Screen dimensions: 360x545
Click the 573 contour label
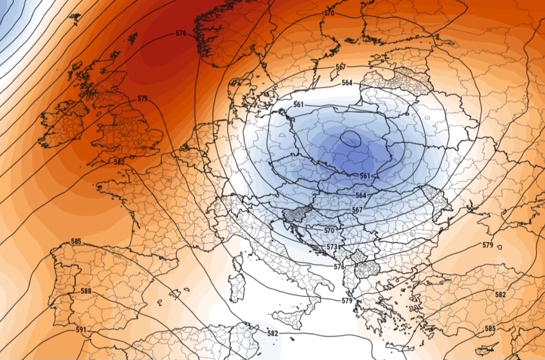click(332, 247)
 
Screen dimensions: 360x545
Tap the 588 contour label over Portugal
click(86, 291)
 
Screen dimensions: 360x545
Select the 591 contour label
click(81, 330)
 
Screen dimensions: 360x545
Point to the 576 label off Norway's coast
click(181, 33)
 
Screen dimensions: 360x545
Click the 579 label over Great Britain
click(142, 98)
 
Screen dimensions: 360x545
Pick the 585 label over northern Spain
click(76, 242)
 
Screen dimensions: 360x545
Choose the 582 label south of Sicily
click(272, 333)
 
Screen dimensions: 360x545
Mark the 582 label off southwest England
click(119, 162)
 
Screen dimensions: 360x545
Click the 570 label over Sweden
click(329, 14)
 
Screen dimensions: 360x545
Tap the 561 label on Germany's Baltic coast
click(298, 105)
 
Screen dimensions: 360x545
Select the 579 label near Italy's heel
click(347, 301)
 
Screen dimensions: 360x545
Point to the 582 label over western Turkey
click(500, 294)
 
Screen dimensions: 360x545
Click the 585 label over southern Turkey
click(489, 329)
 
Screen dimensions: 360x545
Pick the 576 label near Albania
click(339, 267)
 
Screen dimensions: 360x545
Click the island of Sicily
click(290, 319)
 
